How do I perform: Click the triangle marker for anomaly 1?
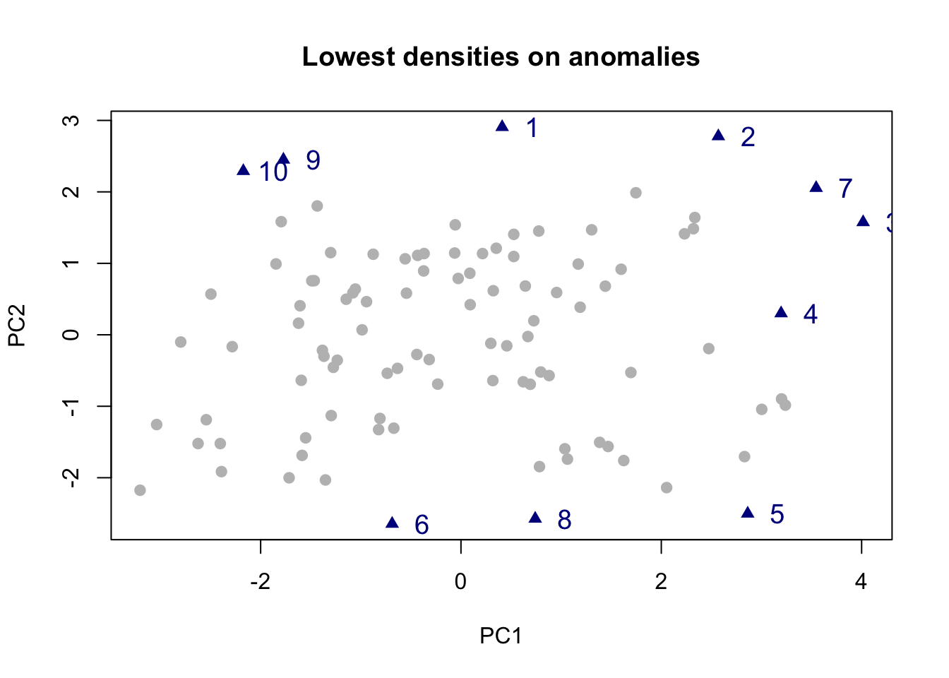pos(503,126)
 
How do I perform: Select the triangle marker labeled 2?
pos(719,136)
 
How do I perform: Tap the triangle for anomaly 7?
pos(816,187)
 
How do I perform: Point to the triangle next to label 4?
pos(781,312)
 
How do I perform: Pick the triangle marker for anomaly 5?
pos(748,513)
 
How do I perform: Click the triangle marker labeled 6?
pos(393,523)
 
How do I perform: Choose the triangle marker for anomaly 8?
pos(535,518)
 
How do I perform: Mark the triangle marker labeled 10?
pos(244,170)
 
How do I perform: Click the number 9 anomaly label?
pos(313,161)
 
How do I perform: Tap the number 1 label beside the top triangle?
pos(532,128)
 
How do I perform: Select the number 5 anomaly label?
pos(777,514)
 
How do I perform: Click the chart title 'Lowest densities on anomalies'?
pos(501,56)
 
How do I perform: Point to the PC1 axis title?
pos(501,636)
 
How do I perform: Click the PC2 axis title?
pos(17,326)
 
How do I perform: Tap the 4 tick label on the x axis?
pos(861,582)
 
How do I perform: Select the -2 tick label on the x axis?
pos(261,582)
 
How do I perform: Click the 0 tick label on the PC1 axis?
pos(460,582)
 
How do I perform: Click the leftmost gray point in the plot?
pos(140,490)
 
